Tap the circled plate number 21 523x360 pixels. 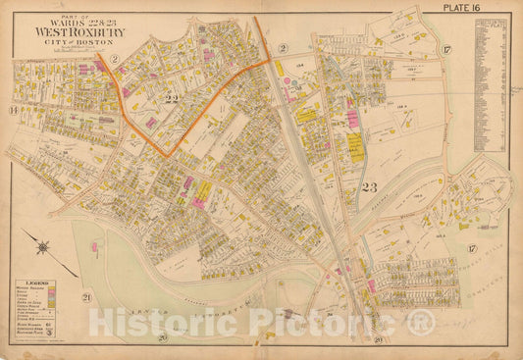click(x=86, y=297)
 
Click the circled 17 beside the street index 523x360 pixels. click(x=445, y=50)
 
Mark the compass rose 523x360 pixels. click(x=46, y=241)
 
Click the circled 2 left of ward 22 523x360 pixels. click(x=114, y=61)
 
